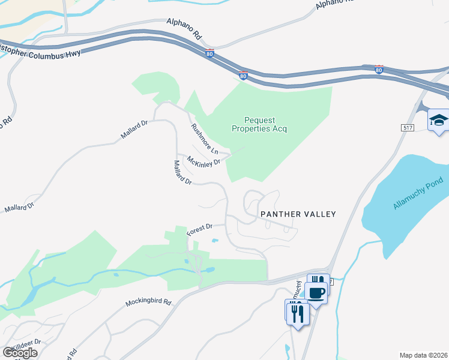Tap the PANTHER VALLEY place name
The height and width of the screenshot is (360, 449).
pyautogui.click(x=297, y=214)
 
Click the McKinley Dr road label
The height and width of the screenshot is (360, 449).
pyautogui.click(x=203, y=162)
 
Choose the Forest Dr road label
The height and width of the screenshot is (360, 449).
pyautogui.click(x=200, y=229)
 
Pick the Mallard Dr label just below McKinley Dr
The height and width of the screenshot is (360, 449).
pyautogui.click(x=182, y=172)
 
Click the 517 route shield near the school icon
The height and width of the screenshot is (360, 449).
pyautogui.click(x=408, y=128)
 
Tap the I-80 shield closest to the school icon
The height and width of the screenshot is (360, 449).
pyautogui.click(x=379, y=70)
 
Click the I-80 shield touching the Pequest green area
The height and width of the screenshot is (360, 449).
pyautogui.click(x=243, y=76)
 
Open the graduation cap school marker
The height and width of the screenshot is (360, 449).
pyautogui.click(x=438, y=120)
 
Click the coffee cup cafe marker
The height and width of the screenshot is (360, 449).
pyautogui.click(x=316, y=293)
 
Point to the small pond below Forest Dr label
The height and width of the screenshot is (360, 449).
pyautogui.click(x=214, y=241)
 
